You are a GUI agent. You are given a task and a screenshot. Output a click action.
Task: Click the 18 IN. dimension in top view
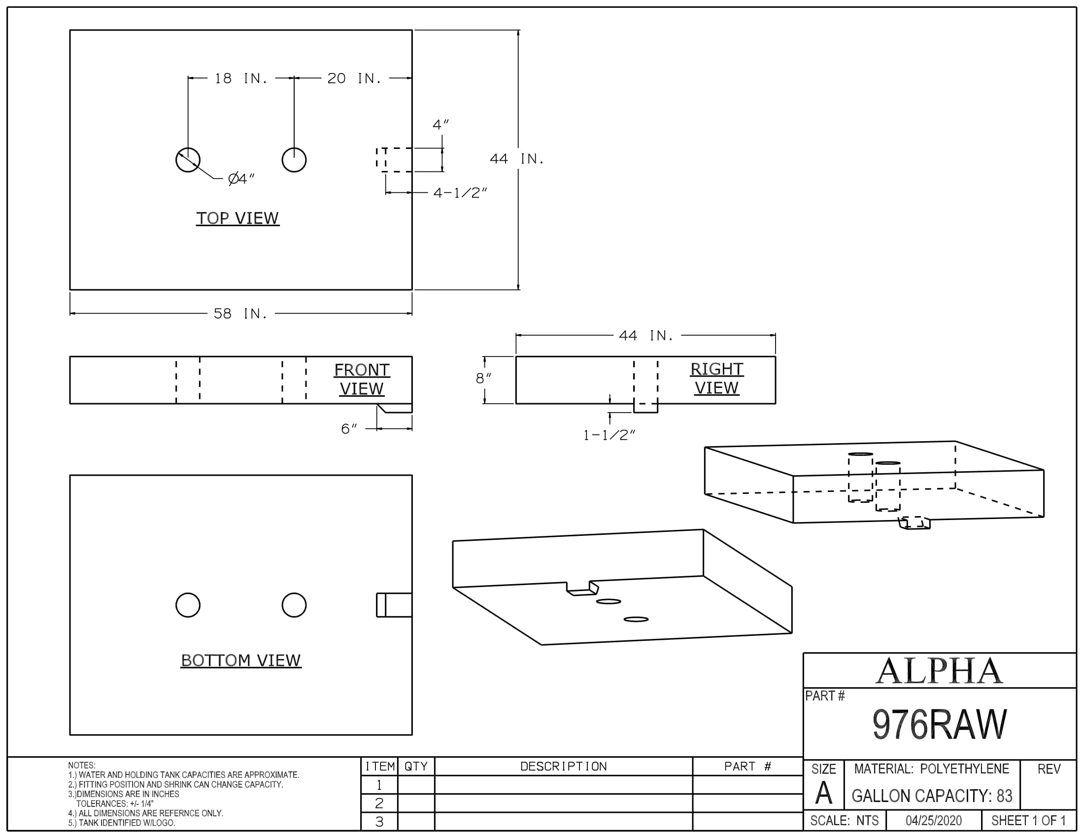coord(241,78)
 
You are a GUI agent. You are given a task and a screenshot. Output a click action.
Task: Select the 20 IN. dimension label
coord(354,78)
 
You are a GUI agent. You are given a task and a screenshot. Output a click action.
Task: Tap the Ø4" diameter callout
coord(241,179)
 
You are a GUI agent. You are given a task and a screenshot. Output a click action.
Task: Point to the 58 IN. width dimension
coord(241,314)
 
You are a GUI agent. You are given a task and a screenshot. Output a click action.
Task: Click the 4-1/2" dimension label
coord(460,193)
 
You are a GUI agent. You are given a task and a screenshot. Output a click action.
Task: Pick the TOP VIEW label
coord(237,218)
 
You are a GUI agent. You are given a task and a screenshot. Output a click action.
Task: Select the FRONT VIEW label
coord(362,379)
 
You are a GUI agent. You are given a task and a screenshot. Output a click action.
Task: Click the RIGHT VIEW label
coord(717,378)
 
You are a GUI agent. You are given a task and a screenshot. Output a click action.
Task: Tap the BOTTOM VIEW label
coord(241,660)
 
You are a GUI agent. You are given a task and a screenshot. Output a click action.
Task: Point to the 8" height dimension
coord(483,379)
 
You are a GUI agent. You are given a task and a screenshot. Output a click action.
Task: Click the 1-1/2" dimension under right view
coord(609,435)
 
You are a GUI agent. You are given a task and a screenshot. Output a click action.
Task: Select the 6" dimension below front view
coord(349,429)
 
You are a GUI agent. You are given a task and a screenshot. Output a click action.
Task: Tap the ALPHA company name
coord(940,671)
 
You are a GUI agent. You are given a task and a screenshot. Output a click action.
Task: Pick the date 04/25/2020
coord(934,821)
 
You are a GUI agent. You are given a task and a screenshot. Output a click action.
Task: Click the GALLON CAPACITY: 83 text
coord(932,796)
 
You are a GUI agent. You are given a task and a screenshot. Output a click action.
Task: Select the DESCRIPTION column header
coord(563,767)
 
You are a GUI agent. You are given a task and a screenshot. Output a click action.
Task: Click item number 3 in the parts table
coord(379,822)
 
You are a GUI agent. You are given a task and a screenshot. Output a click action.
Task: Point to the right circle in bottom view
coord(294,605)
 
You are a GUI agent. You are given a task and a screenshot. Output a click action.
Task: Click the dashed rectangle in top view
coord(394,160)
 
